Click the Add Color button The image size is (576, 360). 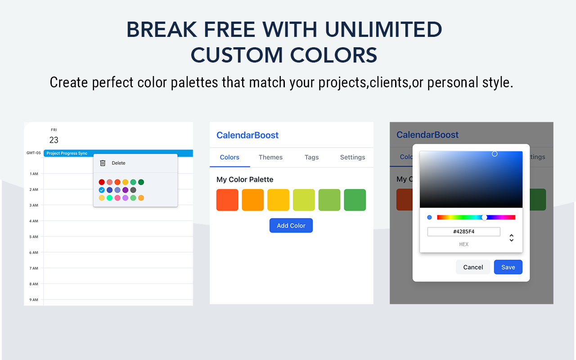point(291,225)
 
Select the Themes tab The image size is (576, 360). point(270,157)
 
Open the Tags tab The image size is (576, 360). point(311,157)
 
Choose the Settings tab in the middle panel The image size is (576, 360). point(352,157)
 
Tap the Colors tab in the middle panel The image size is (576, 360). point(229,157)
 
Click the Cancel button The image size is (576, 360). point(473,267)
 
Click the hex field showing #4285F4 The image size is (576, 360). point(463,232)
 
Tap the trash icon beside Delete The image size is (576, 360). point(103,163)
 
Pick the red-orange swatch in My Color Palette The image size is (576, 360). point(227,200)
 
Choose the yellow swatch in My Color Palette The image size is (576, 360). point(278,200)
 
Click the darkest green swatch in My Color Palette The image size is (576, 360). point(355,200)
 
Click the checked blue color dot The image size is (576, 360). point(102,190)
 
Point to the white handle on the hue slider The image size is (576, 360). point(484,217)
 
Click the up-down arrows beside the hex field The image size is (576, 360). point(511,238)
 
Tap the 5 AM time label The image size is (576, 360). point(34,237)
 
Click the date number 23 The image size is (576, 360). point(54,140)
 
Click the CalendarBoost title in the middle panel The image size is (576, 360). point(247,135)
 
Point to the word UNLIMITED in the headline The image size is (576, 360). point(383,30)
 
